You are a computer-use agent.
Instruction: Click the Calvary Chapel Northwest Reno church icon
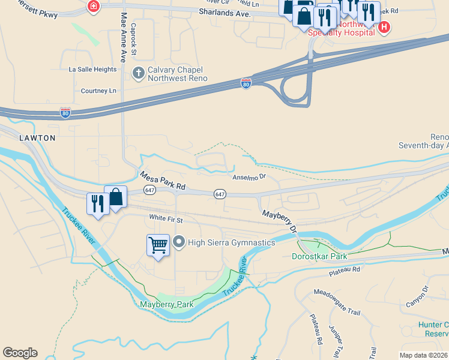coord(138,73)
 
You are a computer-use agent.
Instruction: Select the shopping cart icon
coord(158,245)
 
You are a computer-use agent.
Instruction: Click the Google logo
coord(20,353)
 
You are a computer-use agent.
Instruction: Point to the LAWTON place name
coord(37,138)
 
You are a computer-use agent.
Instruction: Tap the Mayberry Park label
coord(167,304)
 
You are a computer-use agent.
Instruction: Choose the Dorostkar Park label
coord(319,256)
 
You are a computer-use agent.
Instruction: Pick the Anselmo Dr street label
coord(249,177)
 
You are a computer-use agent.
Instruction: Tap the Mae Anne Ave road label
coord(124,37)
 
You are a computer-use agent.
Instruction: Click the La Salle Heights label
coord(92,70)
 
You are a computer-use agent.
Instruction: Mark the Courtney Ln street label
coord(98,91)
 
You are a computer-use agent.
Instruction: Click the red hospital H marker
coord(384,27)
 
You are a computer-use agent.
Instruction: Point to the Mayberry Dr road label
coord(279,221)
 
